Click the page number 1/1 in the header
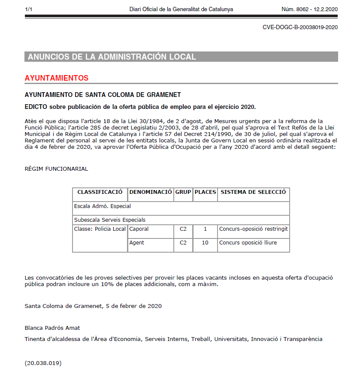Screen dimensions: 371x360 (x=29, y=9)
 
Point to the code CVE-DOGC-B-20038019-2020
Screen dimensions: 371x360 (x=300, y=27)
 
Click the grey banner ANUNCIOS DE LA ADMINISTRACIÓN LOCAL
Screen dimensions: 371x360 (x=112, y=57)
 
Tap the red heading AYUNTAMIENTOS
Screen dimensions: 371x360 (x=57, y=78)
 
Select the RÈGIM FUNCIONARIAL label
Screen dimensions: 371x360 (x=56, y=169)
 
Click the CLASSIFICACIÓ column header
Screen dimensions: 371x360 (x=100, y=192)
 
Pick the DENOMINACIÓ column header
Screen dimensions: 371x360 (x=151, y=192)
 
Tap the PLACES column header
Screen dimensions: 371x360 (x=205, y=192)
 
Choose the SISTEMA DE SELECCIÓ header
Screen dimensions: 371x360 (x=253, y=192)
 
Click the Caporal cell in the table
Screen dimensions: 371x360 (x=139, y=229)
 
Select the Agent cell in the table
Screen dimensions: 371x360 (x=137, y=243)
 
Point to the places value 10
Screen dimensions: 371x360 (x=205, y=243)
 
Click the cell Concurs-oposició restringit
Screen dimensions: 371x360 (x=253, y=229)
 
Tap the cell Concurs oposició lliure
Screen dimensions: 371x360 (x=248, y=243)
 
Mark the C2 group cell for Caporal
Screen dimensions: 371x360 (x=183, y=229)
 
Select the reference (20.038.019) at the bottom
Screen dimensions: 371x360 (x=43, y=363)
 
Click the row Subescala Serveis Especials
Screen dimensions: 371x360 (x=110, y=220)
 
